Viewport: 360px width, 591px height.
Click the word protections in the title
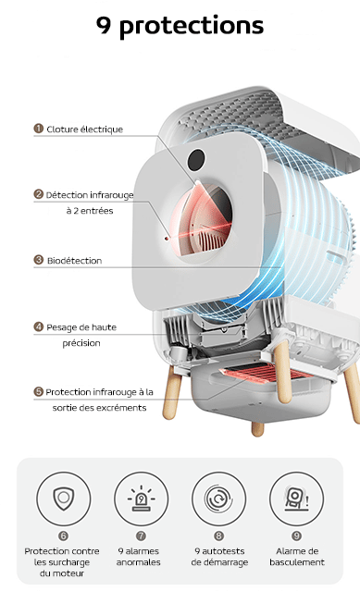pos(192,26)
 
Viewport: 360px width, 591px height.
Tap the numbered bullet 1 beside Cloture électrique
pos(39,129)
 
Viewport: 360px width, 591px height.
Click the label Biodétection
pos(74,261)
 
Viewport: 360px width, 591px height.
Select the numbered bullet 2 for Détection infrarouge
pos(39,194)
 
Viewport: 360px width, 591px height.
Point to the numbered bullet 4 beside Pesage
pos(39,326)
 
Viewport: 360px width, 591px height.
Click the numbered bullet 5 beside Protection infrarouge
pos(39,391)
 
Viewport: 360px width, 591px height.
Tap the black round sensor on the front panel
pos(196,159)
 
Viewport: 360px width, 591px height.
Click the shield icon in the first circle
pos(63,499)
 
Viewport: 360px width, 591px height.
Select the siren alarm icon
pos(141,499)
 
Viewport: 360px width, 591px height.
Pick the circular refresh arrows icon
pos(218,499)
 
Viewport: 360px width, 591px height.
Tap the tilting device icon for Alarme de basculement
pos(296,499)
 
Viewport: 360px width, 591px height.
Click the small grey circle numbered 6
pos(63,536)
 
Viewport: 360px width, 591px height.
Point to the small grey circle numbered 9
pos(296,536)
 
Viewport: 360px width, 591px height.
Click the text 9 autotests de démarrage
pos(219,557)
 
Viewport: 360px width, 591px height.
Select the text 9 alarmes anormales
pos(138,557)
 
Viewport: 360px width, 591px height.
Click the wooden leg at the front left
pos(173,392)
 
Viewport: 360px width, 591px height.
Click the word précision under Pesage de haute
pos(81,343)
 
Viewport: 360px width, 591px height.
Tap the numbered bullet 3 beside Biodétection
pos(39,260)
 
